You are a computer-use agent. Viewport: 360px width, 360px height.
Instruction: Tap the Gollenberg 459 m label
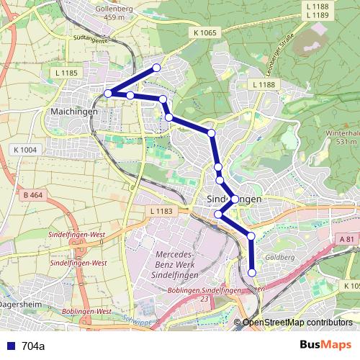115,12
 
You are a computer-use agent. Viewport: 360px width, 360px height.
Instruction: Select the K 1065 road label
205,32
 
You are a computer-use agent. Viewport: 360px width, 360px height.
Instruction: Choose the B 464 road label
33,195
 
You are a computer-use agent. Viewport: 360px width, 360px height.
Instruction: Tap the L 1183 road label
163,211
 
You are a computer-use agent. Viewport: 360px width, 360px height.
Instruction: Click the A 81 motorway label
346,239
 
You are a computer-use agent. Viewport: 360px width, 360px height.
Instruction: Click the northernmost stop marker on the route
156,68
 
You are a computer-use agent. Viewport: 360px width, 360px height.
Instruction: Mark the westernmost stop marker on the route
108,94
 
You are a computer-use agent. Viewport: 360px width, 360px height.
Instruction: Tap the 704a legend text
33,346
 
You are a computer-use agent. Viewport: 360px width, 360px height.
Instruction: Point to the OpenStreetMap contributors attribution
299,322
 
